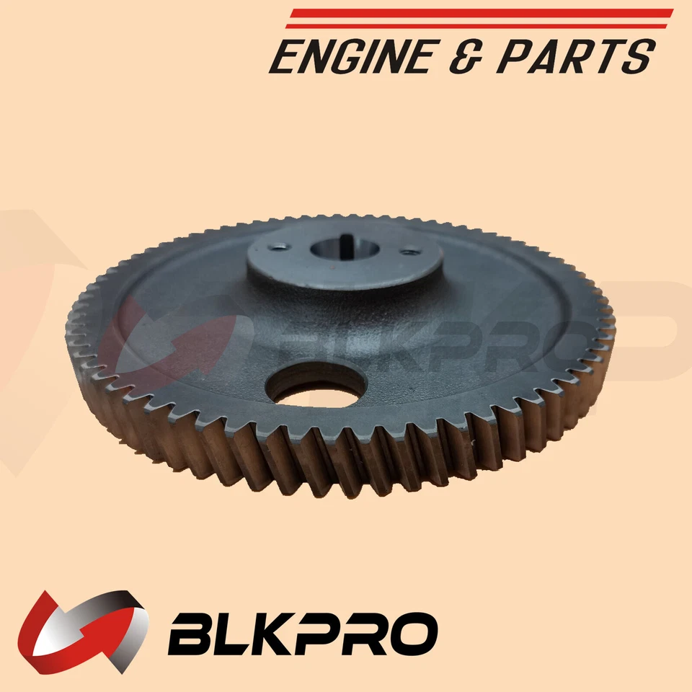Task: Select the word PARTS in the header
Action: tap(576, 56)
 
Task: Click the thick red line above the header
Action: tap(481, 13)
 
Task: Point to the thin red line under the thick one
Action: tap(476, 27)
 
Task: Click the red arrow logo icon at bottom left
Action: tap(82, 632)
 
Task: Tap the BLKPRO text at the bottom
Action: tap(303, 634)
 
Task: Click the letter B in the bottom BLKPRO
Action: tap(190, 634)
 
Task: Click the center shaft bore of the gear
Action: tap(345, 249)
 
